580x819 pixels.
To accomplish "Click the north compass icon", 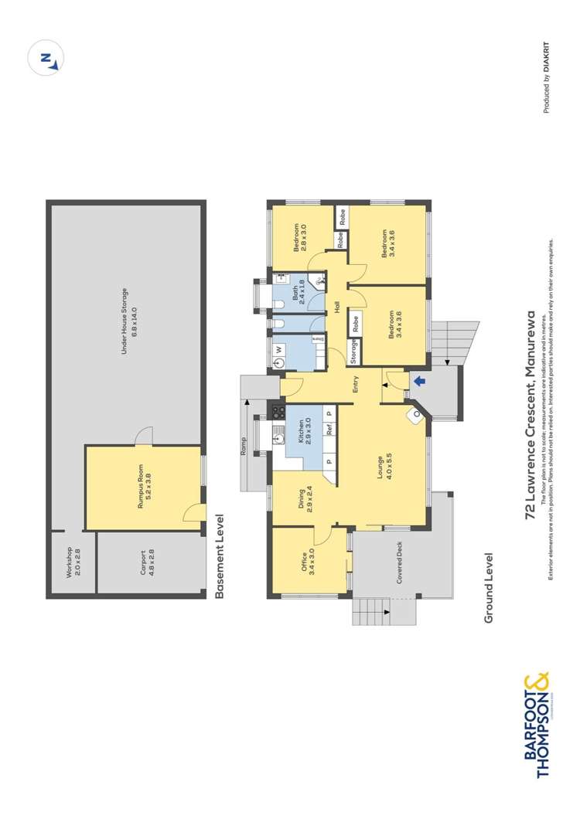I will click(x=46, y=59).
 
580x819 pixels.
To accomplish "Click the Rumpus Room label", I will click(x=145, y=488).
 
